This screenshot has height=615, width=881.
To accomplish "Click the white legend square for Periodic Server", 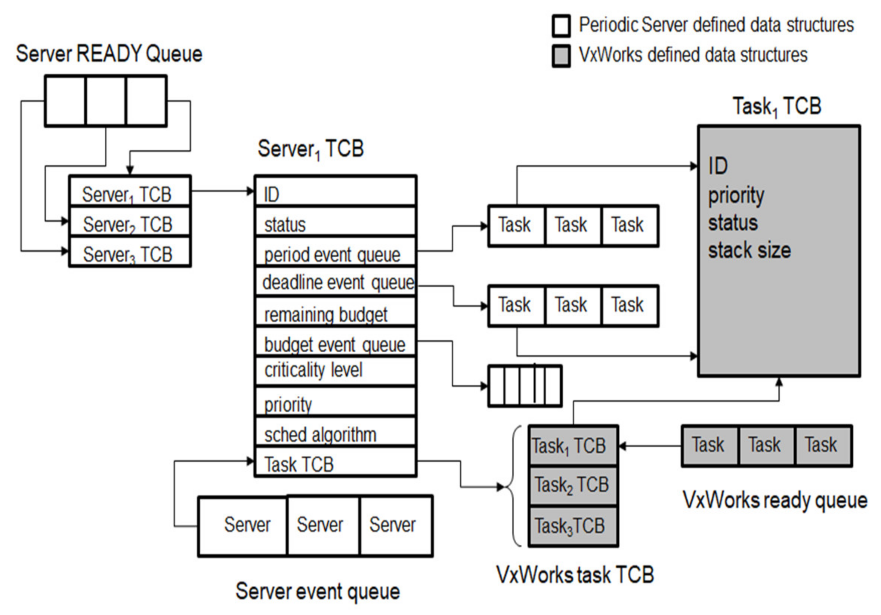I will pyautogui.click(x=561, y=26).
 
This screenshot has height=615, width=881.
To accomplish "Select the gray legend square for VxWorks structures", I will pyautogui.click(x=561, y=56).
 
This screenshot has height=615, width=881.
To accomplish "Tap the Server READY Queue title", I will pyautogui.click(x=109, y=53).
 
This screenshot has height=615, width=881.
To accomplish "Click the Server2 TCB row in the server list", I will pyautogui.click(x=129, y=224).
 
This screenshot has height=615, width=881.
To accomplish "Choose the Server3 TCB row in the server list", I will pyautogui.click(x=129, y=254).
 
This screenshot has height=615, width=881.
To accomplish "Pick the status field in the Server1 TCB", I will pyautogui.click(x=335, y=224).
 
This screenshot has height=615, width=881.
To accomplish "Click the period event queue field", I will pyautogui.click(x=335, y=254).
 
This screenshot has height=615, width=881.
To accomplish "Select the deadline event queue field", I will pyautogui.click(x=335, y=283).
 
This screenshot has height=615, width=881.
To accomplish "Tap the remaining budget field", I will pyautogui.click(x=335, y=314).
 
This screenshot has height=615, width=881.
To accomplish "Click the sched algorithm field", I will pyautogui.click(x=335, y=434).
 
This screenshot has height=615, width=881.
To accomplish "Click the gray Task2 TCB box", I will pyautogui.click(x=573, y=485).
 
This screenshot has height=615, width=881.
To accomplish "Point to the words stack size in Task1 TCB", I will pyautogui.click(x=749, y=251).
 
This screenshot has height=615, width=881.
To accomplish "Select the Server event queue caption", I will pyautogui.click(x=317, y=591).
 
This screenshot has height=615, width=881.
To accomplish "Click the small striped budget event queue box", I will pyautogui.click(x=525, y=386).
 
